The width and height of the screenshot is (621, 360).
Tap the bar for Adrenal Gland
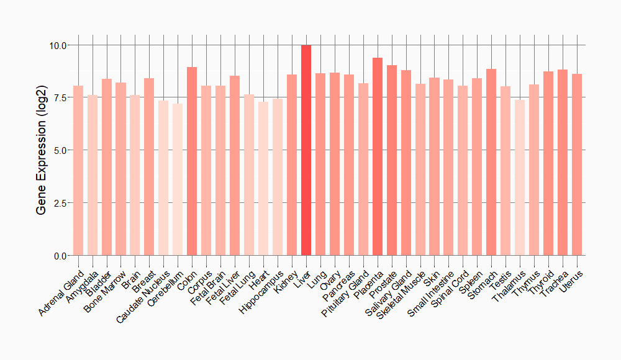[x=78, y=171]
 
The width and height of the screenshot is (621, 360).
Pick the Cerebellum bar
[x=178, y=179]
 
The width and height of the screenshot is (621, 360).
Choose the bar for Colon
[x=192, y=161]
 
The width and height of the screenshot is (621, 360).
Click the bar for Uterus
[x=577, y=164]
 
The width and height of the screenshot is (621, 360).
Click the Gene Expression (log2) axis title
[x=41, y=151]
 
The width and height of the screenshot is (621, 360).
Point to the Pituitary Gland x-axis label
[x=347, y=292]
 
